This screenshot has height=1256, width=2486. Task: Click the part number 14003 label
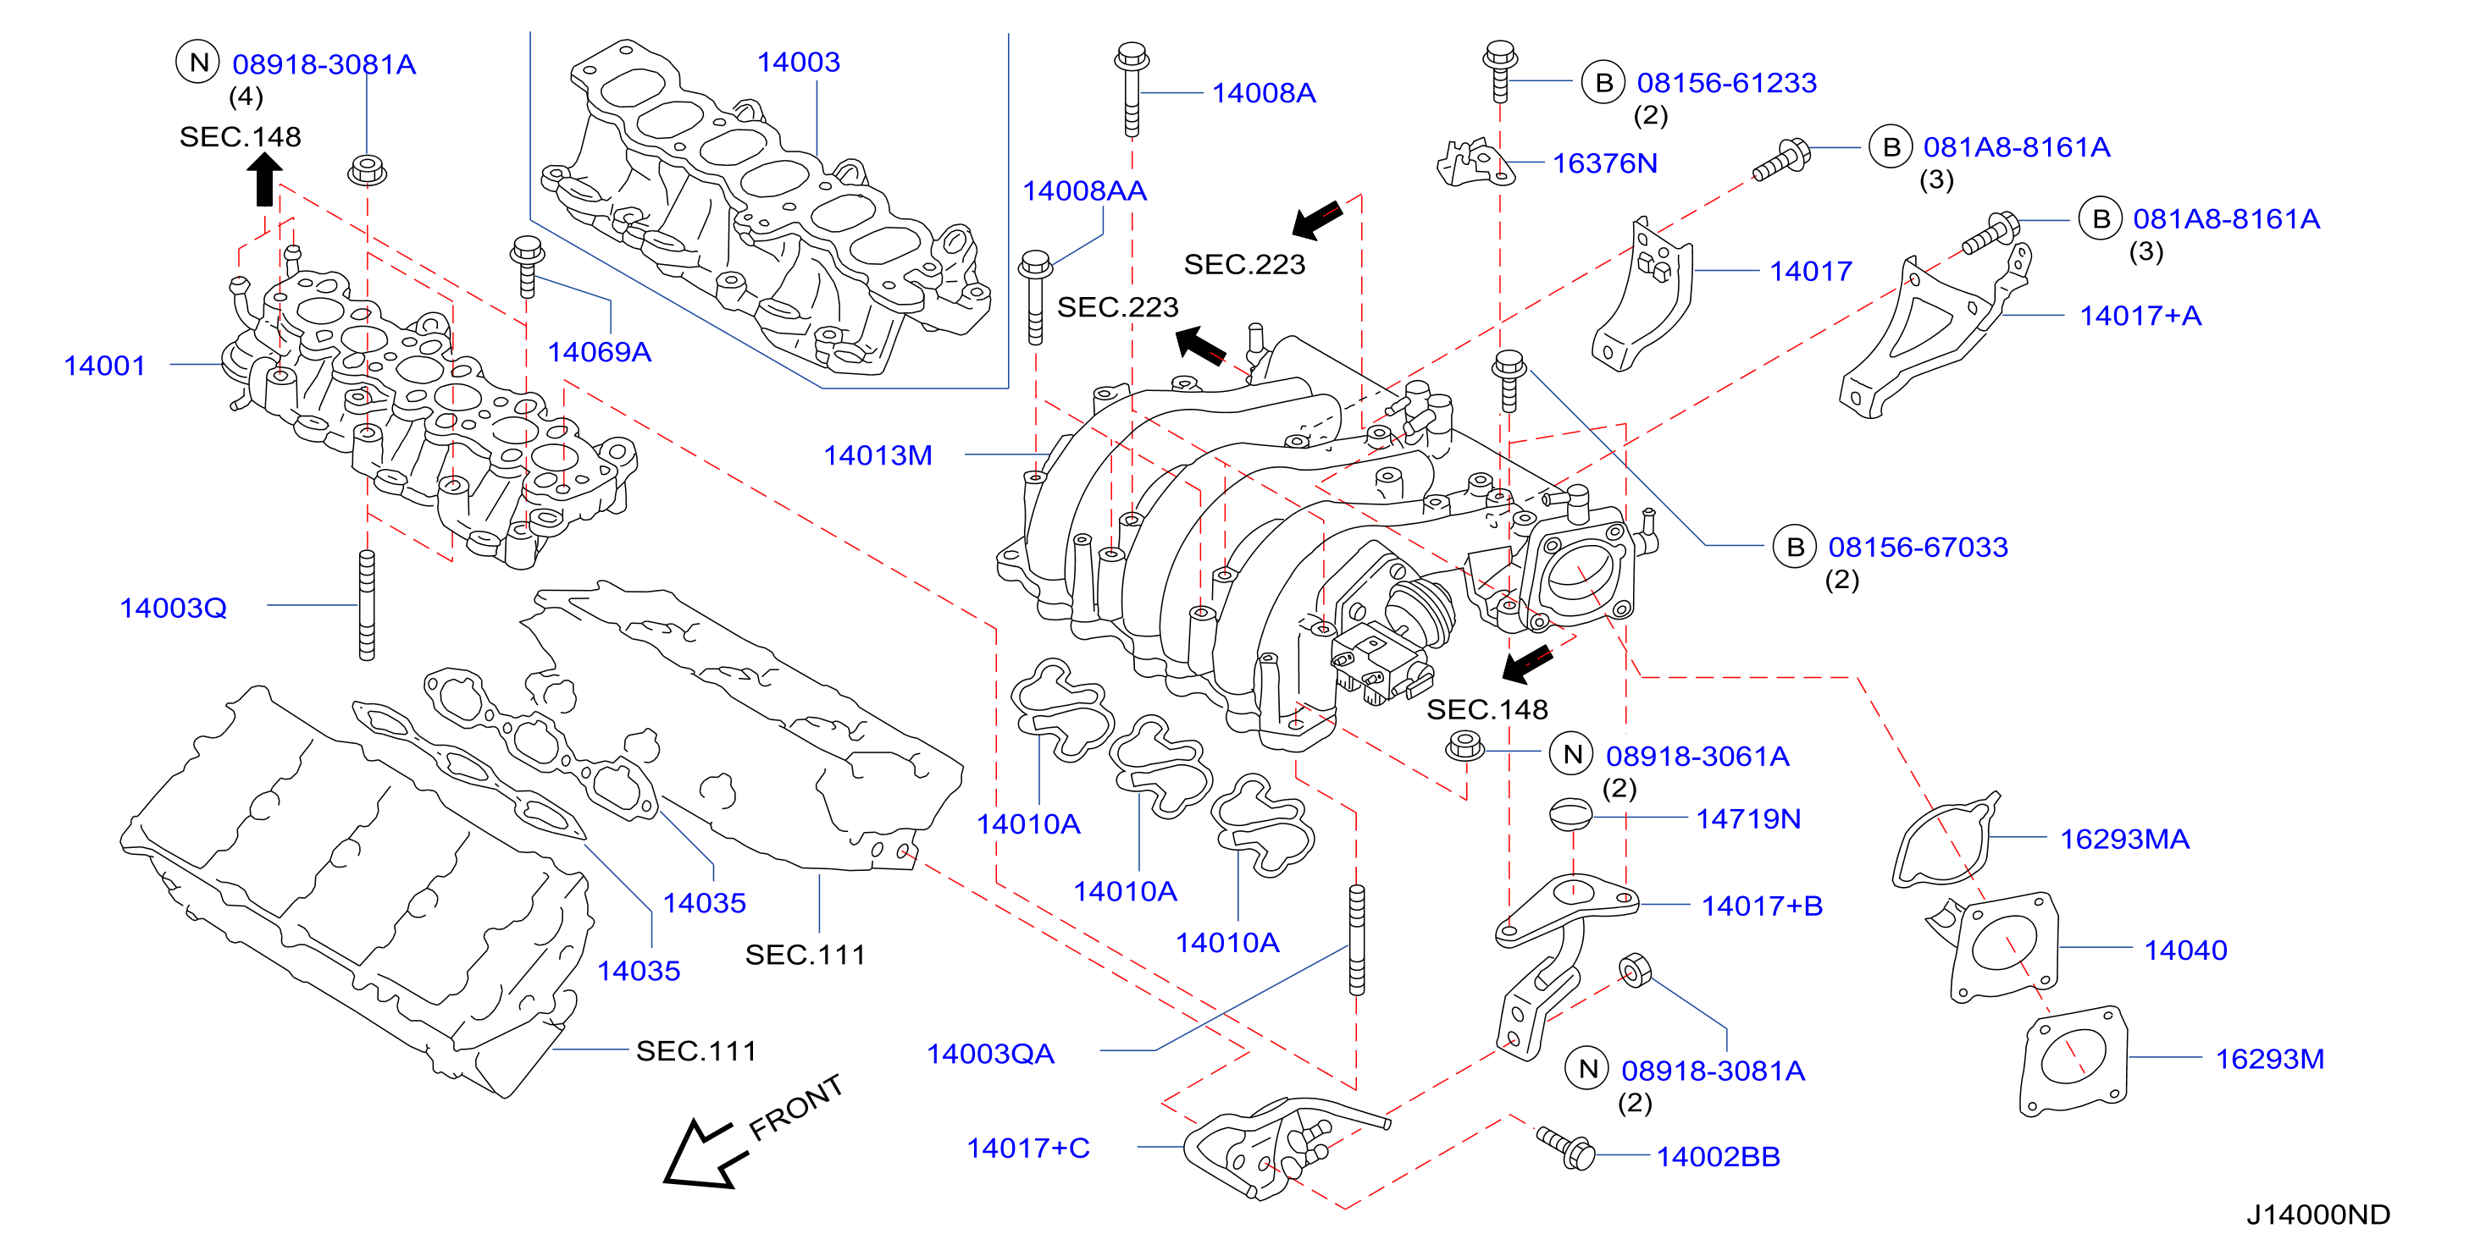pyautogui.click(x=798, y=63)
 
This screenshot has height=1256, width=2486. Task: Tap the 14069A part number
pyautogui.click(x=600, y=352)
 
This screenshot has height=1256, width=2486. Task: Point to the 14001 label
pyautogui.click(x=104, y=366)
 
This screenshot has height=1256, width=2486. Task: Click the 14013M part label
pyautogui.click(x=878, y=455)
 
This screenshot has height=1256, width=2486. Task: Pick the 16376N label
pyautogui.click(x=1604, y=163)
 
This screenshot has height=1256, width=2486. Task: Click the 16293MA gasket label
pyautogui.click(x=2124, y=840)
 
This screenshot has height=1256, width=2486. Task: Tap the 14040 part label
pyautogui.click(x=2185, y=950)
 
